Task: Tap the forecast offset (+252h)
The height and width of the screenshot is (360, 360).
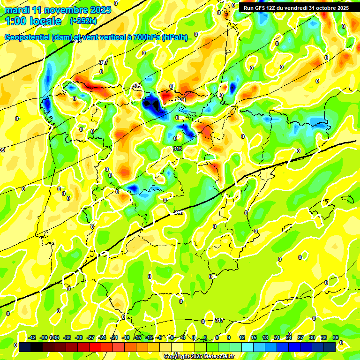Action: [x=83, y=21]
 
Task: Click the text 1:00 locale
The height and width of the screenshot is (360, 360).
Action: [x=33, y=21]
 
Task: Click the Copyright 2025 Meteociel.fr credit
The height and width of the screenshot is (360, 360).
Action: [x=199, y=357]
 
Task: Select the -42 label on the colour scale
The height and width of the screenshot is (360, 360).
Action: [x=32, y=337]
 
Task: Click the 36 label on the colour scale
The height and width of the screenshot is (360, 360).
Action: [x=336, y=337]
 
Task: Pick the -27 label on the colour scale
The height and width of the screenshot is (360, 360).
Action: [x=91, y=337]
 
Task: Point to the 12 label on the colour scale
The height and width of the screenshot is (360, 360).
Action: [x=242, y=337]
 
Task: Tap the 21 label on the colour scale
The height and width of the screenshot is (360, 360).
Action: [x=277, y=337]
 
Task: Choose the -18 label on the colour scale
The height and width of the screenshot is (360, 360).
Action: [x=126, y=337]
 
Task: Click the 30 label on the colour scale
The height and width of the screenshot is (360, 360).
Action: [x=312, y=337]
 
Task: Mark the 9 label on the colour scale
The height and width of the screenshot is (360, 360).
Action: [x=229, y=337]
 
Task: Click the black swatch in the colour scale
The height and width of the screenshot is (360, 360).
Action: [x=37, y=347]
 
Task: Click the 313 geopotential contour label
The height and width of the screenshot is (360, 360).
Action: [x=177, y=149]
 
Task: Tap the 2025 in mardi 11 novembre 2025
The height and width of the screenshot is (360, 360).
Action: [x=100, y=10]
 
